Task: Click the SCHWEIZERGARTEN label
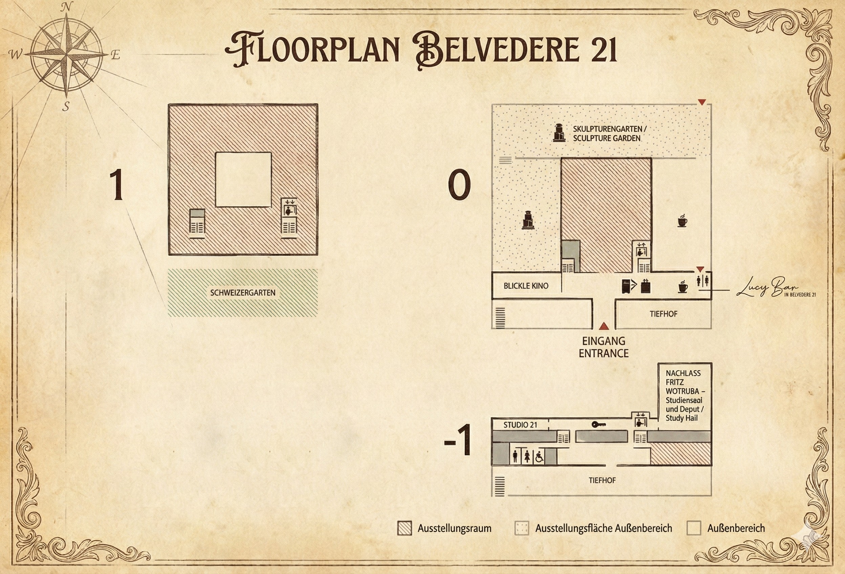[243, 293]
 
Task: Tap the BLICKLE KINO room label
[526, 286]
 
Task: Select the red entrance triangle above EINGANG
[604, 326]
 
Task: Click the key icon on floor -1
[599, 424]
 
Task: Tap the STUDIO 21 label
[520, 425]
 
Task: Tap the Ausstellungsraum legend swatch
[405, 528]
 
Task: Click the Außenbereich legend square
[693, 528]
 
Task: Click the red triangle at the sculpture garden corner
[702, 103]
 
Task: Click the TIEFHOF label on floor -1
[602, 480]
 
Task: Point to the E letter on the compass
[115, 55]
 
